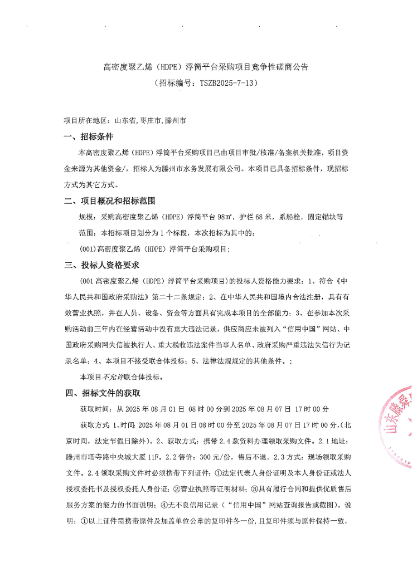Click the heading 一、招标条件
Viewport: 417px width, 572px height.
89,137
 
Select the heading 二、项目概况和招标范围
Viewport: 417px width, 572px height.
109,201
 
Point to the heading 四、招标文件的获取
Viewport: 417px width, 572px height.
101,394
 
